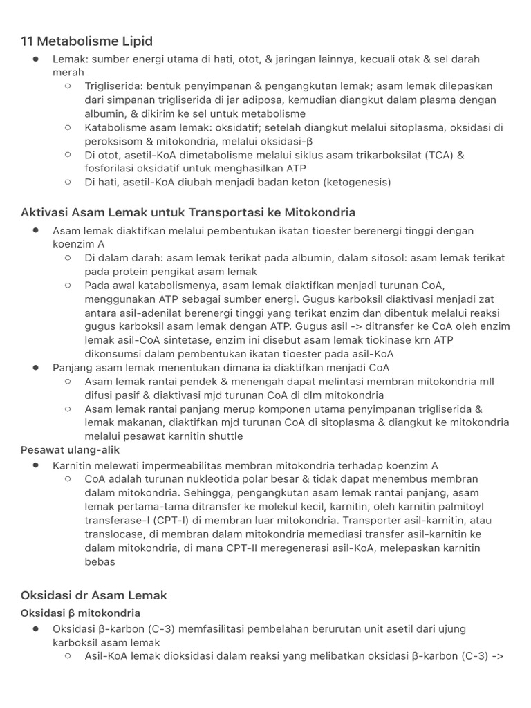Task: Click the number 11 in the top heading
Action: [x=28, y=41]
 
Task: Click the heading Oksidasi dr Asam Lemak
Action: [x=94, y=595]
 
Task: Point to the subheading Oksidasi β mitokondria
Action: [x=81, y=613]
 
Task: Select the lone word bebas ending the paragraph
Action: [x=100, y=561]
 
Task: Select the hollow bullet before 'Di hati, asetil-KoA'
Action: [x=68, y=183]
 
